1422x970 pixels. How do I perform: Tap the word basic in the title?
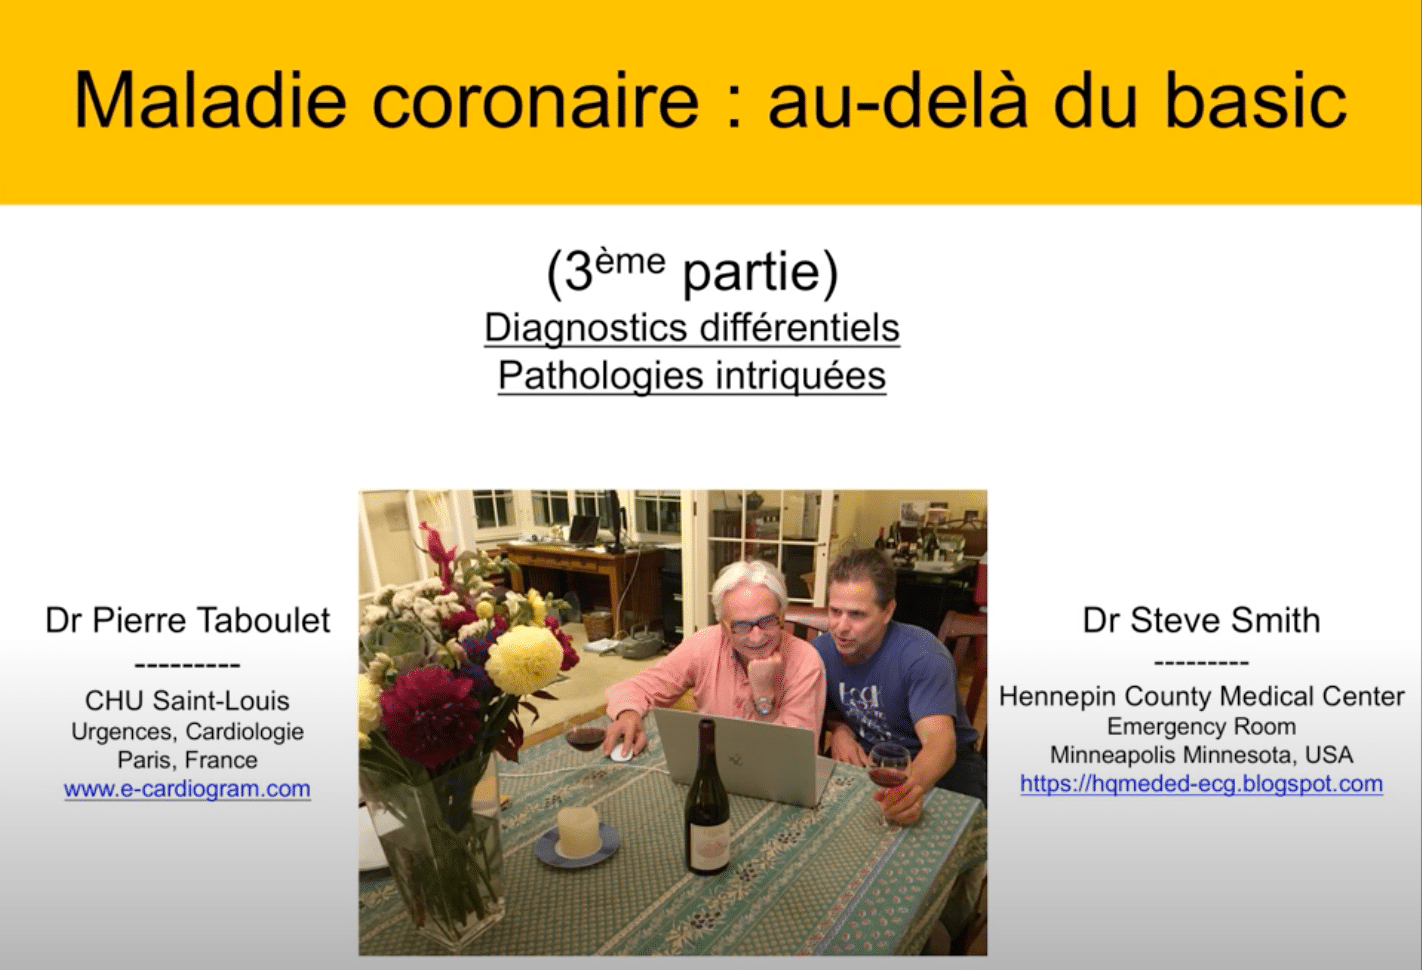[1256, 99]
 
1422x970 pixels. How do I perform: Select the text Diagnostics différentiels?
[692, 328]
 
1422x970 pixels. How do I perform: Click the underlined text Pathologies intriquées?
[692, 375]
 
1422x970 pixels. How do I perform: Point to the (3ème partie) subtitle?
[693, 272]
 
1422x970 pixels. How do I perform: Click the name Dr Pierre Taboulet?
[188, 620]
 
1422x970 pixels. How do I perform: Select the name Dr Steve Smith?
[1201, 620]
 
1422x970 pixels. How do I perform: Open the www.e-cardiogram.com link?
[187, 789]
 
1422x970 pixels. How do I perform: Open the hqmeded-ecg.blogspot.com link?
[1201, 784]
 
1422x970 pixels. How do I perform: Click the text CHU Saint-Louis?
[187, 701]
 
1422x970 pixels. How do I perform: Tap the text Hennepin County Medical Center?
[1201, 697]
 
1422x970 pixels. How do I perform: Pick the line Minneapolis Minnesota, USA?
[1201, 755]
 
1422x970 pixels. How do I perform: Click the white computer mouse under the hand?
[620, 753]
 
